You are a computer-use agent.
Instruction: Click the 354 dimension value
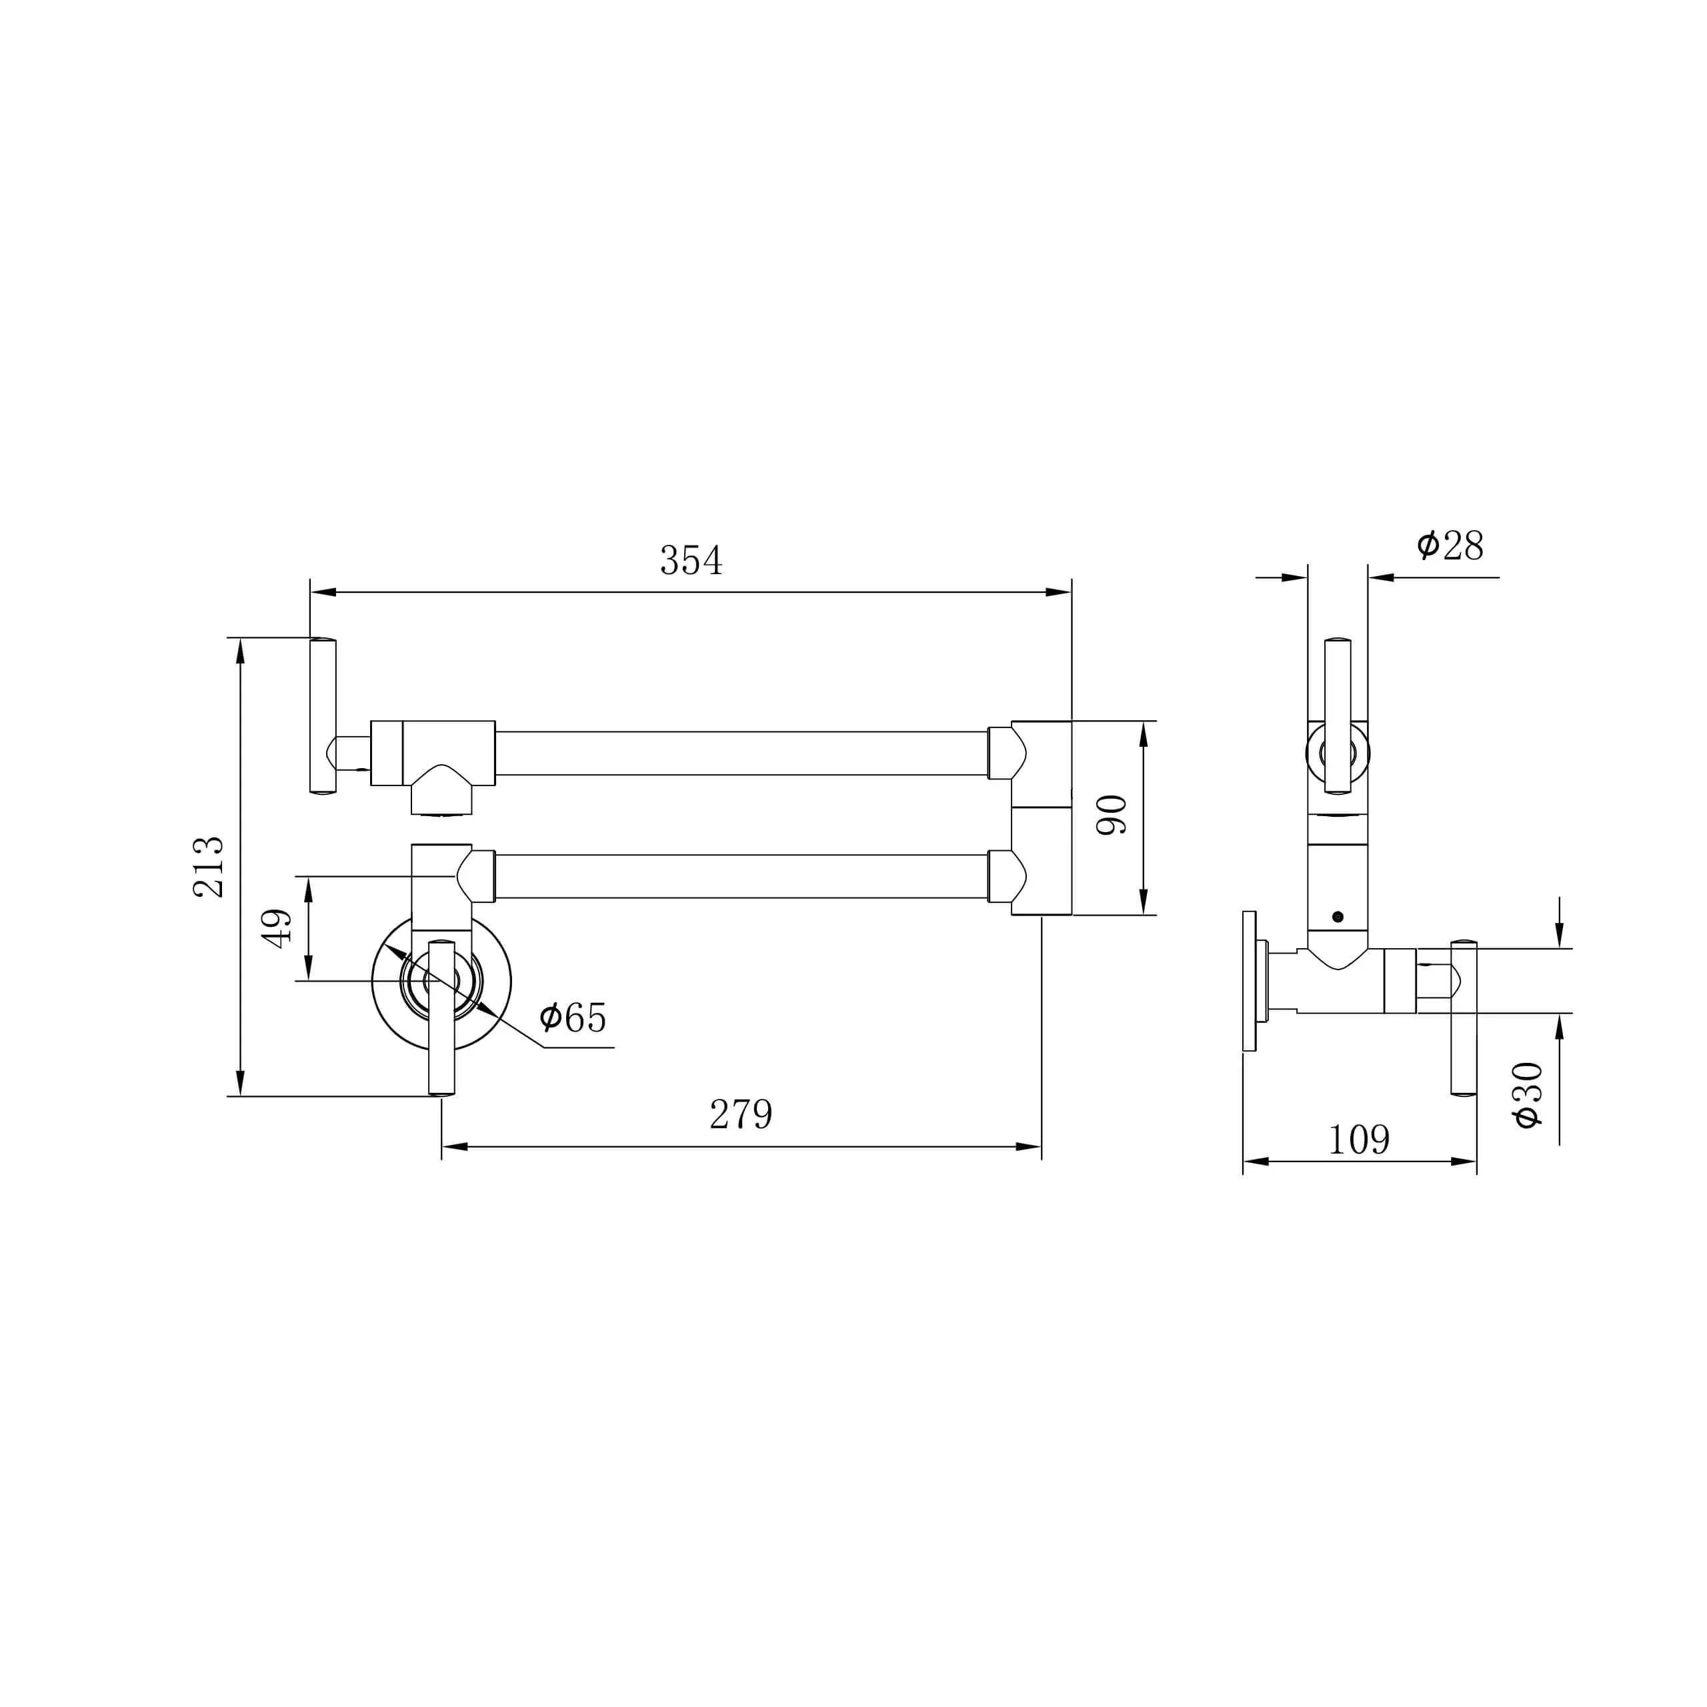click(x=691, y=561)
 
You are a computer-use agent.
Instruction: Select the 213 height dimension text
click(x=209, y=867)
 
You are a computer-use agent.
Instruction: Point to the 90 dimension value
click(x=1112, y=815)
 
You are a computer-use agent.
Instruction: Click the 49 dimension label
click(x=277, y=929)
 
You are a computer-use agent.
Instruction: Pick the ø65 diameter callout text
click(x=573, y=1018)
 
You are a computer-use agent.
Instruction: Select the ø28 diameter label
click(x=1450, y=546)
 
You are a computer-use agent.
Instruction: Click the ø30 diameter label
click(x=1528, y=1095)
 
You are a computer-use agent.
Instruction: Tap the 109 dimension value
click(x=1359, y=1140)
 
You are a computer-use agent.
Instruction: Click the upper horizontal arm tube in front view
click(x=740, y=753)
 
